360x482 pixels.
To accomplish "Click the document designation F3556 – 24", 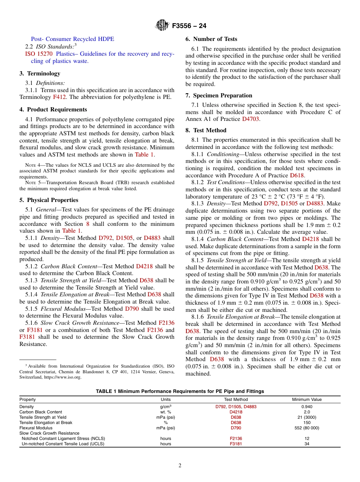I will pyautogui.click(x=189, y=26).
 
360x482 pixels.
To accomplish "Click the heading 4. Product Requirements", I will pyautogui.click(x=53, y=110).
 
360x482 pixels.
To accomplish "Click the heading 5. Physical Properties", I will pyautogui.click(x=49, y=200).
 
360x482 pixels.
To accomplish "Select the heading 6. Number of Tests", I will pyautogui.click(x=211, y=39).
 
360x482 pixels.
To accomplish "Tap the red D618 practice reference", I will pyautogui.click(x=297, y=175).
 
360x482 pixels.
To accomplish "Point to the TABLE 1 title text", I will pyautogui.click(x=180, y=391).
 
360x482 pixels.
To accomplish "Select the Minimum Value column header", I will pyautogui.click(x=307, y=399).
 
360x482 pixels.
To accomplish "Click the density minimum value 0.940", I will pyautogui.click(x=307, y=407).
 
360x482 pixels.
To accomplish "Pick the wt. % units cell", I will pyautogui.click(x=166, y=412).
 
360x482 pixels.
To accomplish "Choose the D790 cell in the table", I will pyautogui.click(x=236, y=428).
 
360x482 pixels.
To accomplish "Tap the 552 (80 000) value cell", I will pyautogui.click(x=307, y=428).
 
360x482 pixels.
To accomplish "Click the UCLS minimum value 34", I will pyautogui.click(x=307, y=444).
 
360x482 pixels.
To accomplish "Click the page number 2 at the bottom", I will pyautogui.click(x=180, y=466).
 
